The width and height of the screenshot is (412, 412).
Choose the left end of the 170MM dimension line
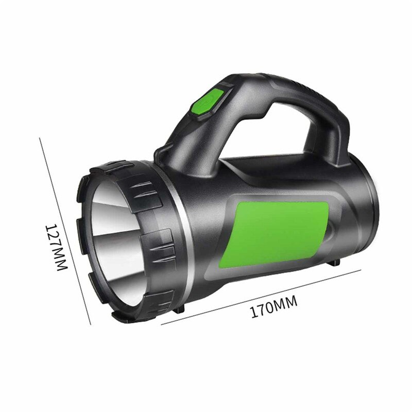[x=162, y=324]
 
